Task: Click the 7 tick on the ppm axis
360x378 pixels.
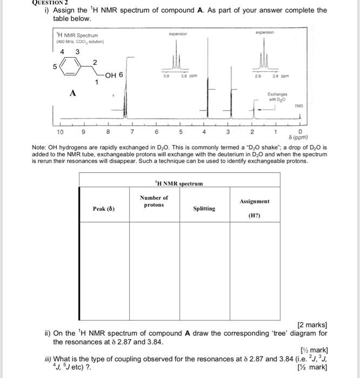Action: coord(132,131)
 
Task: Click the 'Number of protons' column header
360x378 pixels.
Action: coord(154,201)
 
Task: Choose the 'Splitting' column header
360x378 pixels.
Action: coord(204,208)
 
